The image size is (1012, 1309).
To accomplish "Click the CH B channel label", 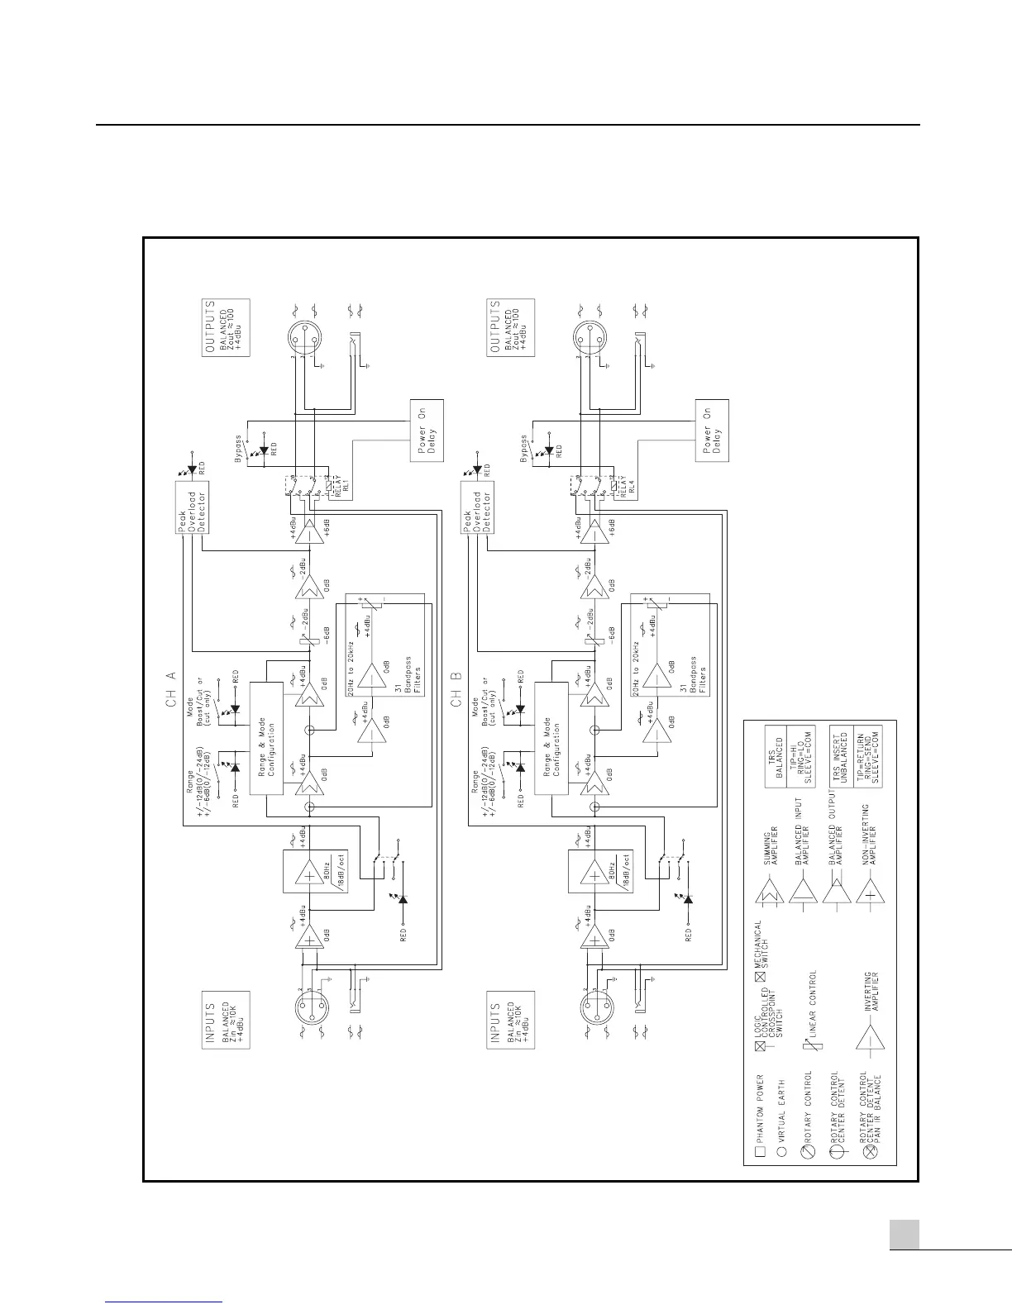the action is pyautogui.click(x=456, y=687).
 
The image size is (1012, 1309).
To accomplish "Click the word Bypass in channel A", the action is pyautogui.click(x=239, y=449).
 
